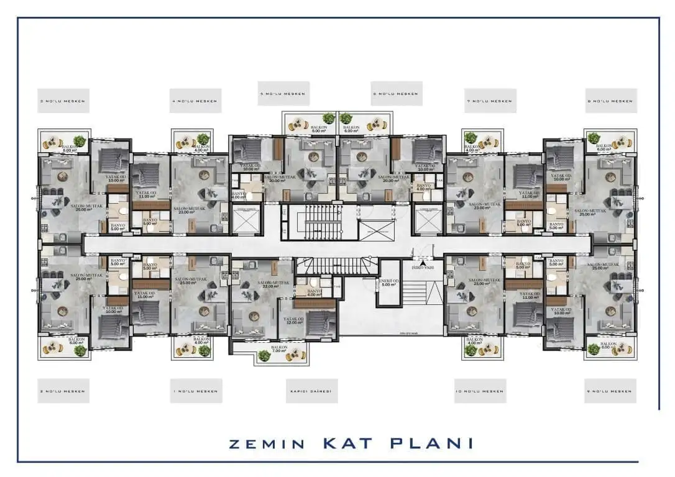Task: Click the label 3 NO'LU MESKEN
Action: tap(63, 101)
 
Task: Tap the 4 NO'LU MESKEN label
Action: tap(196, 101)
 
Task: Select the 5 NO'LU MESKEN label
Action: tap(283, 94)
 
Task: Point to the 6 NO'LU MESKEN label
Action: tap(397, 94)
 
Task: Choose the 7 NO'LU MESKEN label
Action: tap(490, 101)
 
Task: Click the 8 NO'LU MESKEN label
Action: tap(611, 101)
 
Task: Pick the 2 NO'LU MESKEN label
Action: tap(63, 391)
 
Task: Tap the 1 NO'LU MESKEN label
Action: tap(196, 391)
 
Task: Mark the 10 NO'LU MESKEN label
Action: tap(480, 391)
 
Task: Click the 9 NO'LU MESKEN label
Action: tap(611, 391)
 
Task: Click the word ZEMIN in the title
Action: tap(268, 444)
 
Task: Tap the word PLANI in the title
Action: tap(434, 443)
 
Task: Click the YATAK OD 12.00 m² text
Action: tap(294, 322)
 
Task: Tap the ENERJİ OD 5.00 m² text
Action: tap(388, 283)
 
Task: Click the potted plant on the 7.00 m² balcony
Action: tap(264, 355)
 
